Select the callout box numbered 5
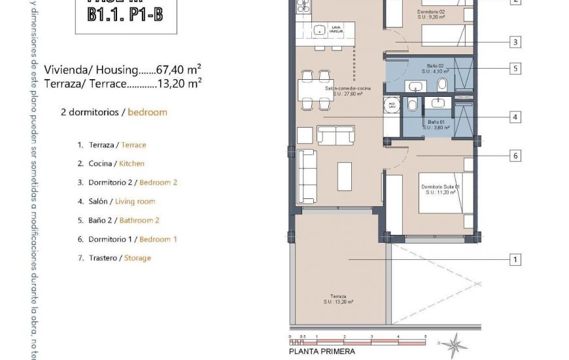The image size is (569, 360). (x=515, y=67)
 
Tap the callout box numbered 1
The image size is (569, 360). (x=515, y=260)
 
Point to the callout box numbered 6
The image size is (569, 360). (x=515, y=156)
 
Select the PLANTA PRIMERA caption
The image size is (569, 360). (x=322, y=351)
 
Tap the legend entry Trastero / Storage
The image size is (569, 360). (x=114, y=258)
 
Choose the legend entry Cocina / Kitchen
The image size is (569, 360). (x=111, y=164)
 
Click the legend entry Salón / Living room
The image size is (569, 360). (x=116, y=202)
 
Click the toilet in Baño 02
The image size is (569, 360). (x=442, y=84)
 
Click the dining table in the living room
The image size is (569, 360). (x=315, y=88)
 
